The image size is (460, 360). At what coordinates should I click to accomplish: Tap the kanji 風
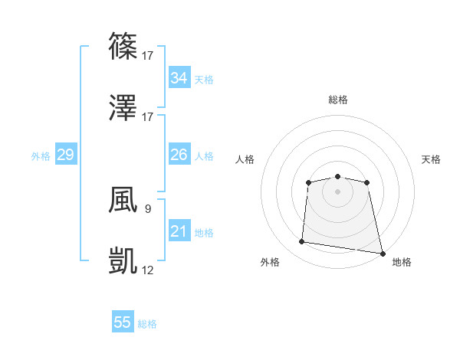click(x=123, y=198)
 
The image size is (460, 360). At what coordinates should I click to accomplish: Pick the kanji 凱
click(x=123, y=260)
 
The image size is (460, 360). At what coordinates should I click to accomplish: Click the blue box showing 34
click(x=179, y=78)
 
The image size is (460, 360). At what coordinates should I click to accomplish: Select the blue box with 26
click(x=179, y=155)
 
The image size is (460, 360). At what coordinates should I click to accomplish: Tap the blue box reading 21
click(x=179, y=231)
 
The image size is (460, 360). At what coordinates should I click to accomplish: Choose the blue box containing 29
click(x=65, y=155)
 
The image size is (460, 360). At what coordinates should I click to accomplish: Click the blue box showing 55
click(x=123, y=322)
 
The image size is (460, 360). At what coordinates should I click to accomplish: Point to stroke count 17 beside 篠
click(x=148, y=55)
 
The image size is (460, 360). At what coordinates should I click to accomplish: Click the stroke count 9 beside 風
click(x=147, y=208)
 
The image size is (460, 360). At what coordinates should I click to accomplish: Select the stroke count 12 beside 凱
click(x=148, y=270)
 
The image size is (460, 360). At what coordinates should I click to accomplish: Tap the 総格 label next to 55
click(x=147, y=324)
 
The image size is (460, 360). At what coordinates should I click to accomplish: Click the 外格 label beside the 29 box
click(x=41, y=156)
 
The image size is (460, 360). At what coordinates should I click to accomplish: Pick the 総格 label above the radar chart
click(x=338, y=100)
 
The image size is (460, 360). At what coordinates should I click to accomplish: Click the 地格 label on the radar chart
click(x=402, y=262)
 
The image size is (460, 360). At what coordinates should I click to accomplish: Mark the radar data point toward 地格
click(x=383, y=253)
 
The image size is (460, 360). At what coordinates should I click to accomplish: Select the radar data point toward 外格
click(x=302, y=242)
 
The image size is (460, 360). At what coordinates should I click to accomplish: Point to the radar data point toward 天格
click(x=367, y=182)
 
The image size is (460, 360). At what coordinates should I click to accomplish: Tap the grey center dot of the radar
click(x=337, y=191)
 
